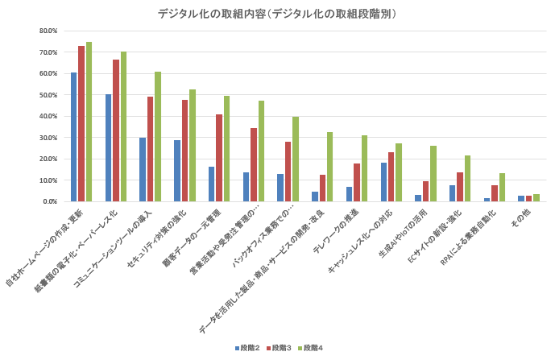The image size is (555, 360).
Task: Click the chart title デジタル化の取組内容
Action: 277,14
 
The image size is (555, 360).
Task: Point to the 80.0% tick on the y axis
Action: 47,31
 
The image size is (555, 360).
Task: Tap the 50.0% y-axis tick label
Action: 47,95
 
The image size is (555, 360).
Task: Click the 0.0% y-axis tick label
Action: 48,201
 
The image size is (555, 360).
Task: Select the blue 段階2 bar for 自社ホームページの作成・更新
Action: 73,137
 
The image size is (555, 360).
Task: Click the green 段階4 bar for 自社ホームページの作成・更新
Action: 89,122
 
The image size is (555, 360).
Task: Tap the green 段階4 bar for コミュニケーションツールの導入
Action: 158,136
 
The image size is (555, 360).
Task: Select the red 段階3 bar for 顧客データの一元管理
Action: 219,158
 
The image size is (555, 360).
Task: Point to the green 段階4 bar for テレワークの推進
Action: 364,168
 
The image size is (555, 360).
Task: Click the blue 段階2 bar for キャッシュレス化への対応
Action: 383,182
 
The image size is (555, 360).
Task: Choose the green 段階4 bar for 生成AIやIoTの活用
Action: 433,173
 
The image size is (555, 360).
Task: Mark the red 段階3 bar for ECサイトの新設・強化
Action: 460,187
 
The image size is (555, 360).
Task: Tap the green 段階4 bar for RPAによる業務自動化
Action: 502,187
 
